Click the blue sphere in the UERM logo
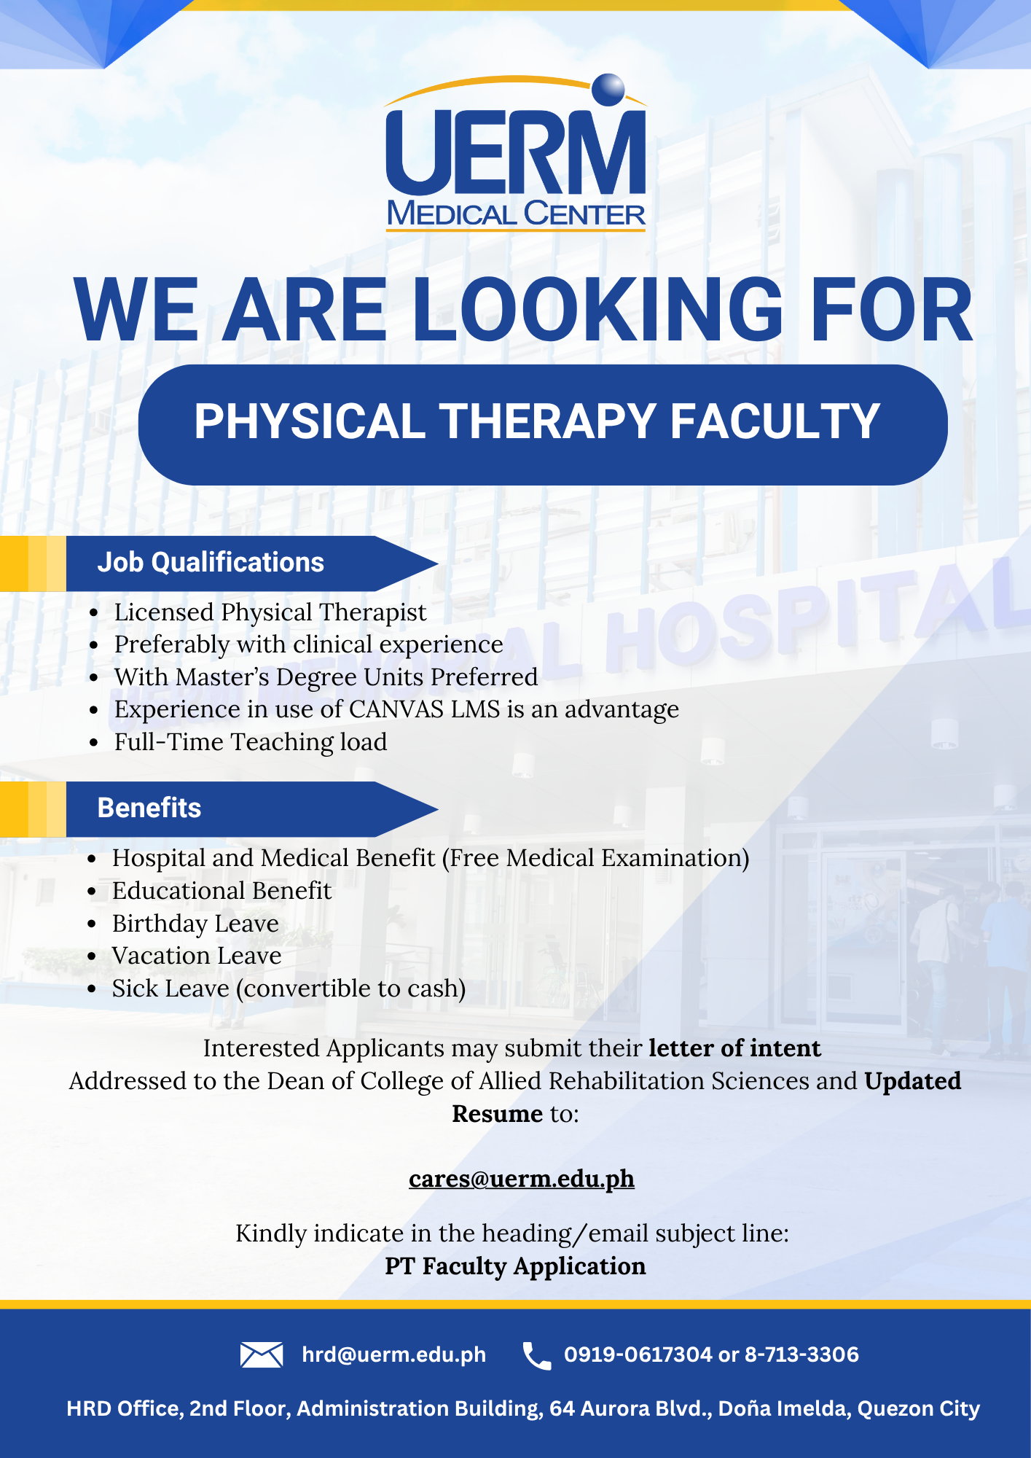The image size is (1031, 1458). pos(608,90)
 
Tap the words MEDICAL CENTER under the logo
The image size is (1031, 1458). pos(516,214)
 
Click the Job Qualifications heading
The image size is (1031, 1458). pos(211,563)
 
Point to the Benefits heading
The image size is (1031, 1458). pos(149,808)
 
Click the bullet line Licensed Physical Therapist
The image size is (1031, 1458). pos(270,613)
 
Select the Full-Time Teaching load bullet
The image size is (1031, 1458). pos(251,742)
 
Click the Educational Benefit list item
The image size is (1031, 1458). pos(222,891)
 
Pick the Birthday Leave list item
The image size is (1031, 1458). pos(195,924)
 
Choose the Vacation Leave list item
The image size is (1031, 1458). pos(197,956)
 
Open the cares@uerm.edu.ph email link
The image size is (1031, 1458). pos(522,1179)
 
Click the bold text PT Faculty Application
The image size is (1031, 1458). pos(515,1266)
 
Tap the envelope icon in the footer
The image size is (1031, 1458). pos(262,1354)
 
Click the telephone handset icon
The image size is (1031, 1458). pos(537,1356)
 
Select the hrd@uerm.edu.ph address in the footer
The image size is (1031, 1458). pos(394,1354)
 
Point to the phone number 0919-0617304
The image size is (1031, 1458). pos(638,1354)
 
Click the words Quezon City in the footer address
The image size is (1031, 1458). pos(919,1408)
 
